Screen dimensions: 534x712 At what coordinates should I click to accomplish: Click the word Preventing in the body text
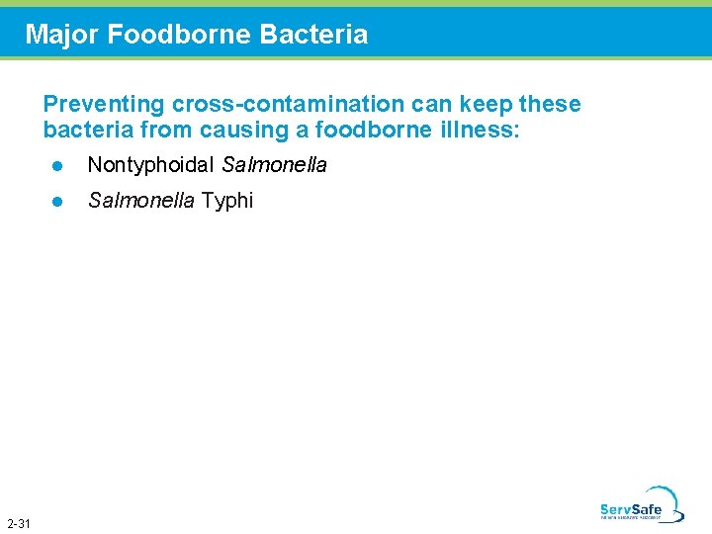tap(103, 105)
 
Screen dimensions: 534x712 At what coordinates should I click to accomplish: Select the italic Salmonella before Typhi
tap(141, 201)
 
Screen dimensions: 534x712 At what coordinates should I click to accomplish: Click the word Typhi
tap(227, 201)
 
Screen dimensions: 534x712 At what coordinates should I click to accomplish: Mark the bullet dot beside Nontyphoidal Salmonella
tap(57, 166)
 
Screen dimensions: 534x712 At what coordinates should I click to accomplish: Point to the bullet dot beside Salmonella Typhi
tap(57, 202)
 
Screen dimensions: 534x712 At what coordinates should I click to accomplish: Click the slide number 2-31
tap(18, 522)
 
